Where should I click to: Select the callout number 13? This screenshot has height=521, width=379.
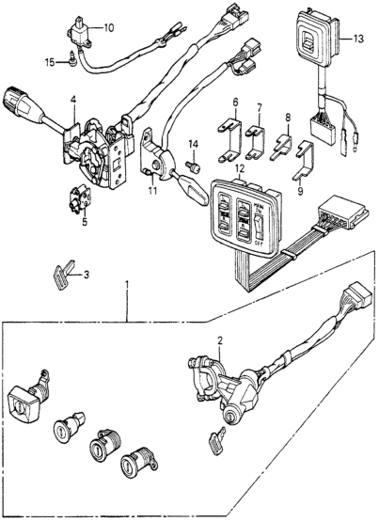click(x=357, y=39)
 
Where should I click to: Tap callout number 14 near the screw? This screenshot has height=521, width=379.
click(x=194, y=142)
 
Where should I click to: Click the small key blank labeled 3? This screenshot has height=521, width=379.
click(x=63, y=276)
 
